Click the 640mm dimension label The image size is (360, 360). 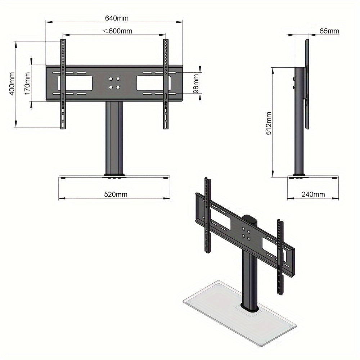(x=117, y=18)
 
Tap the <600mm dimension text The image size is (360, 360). (x=117, y=31)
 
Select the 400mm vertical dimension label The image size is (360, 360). (x=12, y=84)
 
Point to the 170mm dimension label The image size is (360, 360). (x=27, y=84)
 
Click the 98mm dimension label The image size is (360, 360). (x=196, y=84)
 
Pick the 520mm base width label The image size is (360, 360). (x=116, y=194)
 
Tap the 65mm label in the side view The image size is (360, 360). (x=329, y=31)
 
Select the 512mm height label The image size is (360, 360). (x=269, y=123)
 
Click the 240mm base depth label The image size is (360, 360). (x=313, y=194)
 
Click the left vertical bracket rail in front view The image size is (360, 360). (x=63, y=84)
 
